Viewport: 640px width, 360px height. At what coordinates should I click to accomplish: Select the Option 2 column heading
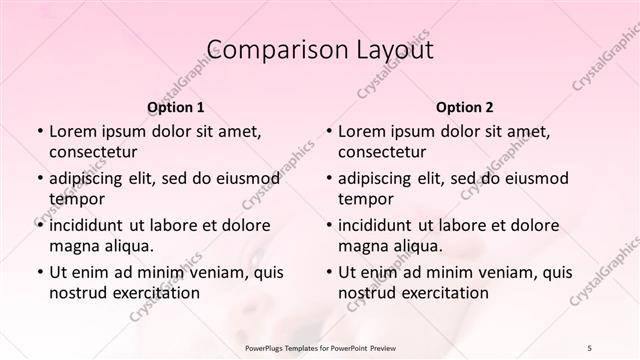pyautogui.click(x=465, y=107)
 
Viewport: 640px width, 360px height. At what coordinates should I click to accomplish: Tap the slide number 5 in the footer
pyautogui.click(x=589, y=347)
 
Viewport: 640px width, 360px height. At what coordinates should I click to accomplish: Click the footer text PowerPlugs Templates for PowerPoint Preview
pyautogui.click(x=319, y=347)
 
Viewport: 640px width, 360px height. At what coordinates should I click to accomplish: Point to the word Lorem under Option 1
pyautogui.click(x=73, y=131)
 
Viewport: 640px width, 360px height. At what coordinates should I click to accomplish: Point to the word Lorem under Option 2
pyautogui.click(x=362, y=131)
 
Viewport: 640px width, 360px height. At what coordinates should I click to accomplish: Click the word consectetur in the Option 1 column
pyautogui.click(x=93, y=152)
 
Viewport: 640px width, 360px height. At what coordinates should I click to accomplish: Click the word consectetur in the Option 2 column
pyautogui.click(x=383, y=152)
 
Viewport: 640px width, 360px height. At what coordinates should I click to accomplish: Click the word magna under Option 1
pyautogui.click(x=73, y=246)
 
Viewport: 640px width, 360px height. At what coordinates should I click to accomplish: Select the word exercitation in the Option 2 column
pyautogui.click(x=442, y=293)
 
